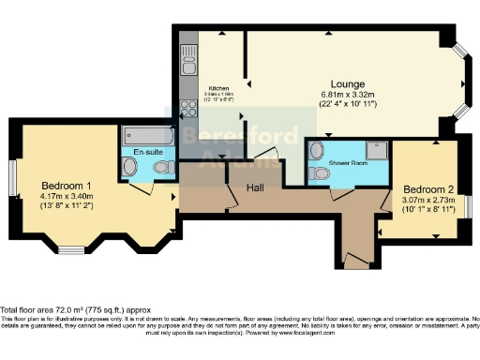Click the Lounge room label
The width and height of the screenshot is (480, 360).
click(x=346, y=83)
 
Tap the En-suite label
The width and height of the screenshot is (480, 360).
click(x=148, y=152)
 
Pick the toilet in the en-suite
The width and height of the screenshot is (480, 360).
click(x=162, y=168)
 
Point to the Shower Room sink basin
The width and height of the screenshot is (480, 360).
click(x=317, y=151)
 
